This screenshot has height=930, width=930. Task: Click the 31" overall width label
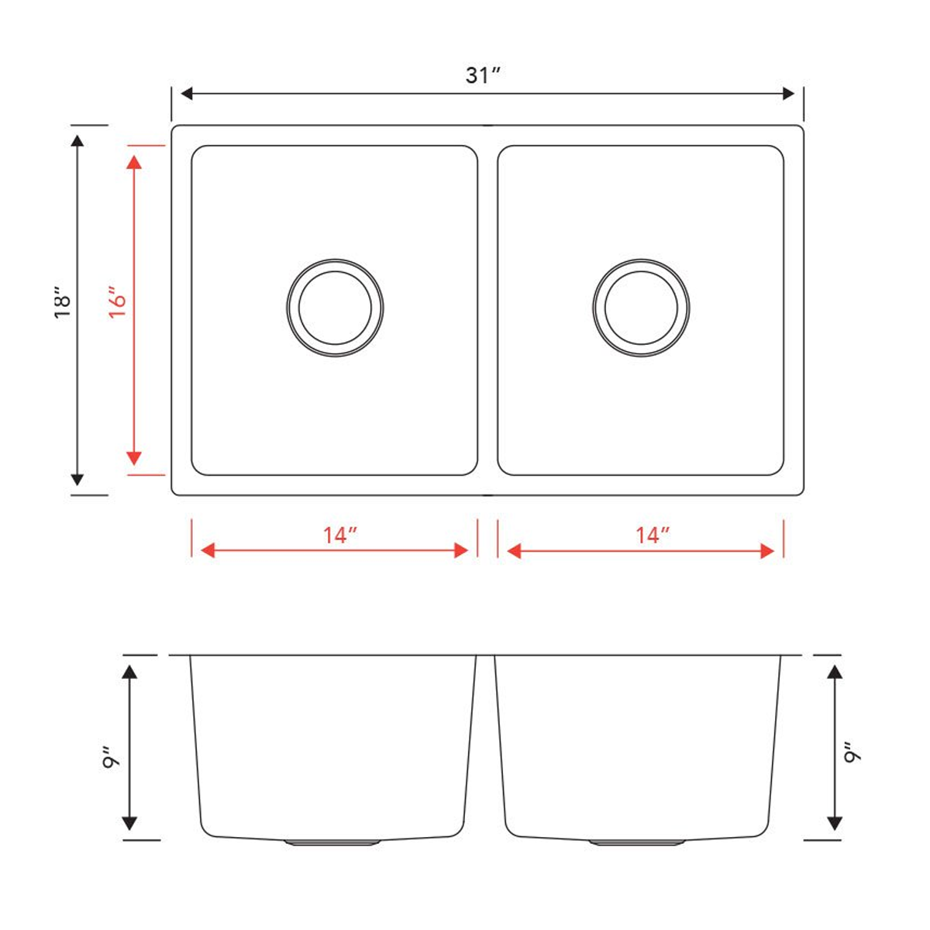[483, 75]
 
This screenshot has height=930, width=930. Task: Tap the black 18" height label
[63, 303]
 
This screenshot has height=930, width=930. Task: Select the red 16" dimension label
[116, 303]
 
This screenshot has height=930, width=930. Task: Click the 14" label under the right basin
[652, 535]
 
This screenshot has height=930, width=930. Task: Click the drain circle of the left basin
[335, 308]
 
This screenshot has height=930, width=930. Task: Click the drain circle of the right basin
[641, 308]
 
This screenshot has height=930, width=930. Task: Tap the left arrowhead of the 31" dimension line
[186, 94]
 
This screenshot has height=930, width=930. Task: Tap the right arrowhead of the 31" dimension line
[789, 94]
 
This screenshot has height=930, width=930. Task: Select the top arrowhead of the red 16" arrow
[134, 162]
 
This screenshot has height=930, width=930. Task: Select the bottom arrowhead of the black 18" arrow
[77, 479]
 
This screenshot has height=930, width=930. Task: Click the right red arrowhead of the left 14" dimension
[461, 550]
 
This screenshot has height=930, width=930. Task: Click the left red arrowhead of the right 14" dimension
[514, 551]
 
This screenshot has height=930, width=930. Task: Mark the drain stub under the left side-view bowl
[332, 842]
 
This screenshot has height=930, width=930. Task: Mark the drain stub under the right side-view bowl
[636, 842]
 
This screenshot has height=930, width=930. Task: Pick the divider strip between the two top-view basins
[487, 310]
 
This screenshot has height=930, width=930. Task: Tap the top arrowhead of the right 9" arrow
[835, 671]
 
